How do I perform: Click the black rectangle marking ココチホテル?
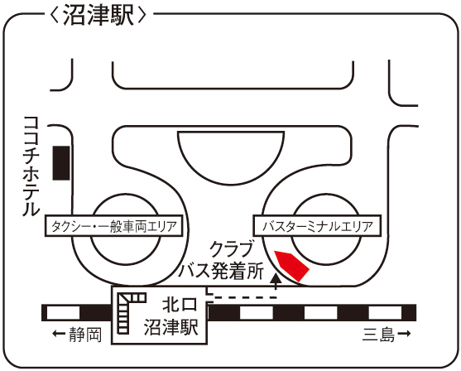[x=61, y=162]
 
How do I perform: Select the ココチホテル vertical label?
[x=31, y=166]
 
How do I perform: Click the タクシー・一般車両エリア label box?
[x=113, y=225]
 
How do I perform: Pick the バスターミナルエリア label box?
[x=317, y=225]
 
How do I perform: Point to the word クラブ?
[x=232, y=249]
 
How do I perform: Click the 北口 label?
[x=180, y=304]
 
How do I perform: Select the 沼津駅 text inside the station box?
[x=171, y=326]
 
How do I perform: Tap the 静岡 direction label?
[x=85, y=335]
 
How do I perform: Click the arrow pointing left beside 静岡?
[x=59, y=334]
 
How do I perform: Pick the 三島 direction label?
[x=378, y=335]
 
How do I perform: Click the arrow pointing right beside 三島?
[x=404, y=334]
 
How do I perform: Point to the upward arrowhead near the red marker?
[x=276, y=278]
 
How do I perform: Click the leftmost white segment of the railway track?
[x=63, y=313]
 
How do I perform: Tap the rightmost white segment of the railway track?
[x=385, y=313]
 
